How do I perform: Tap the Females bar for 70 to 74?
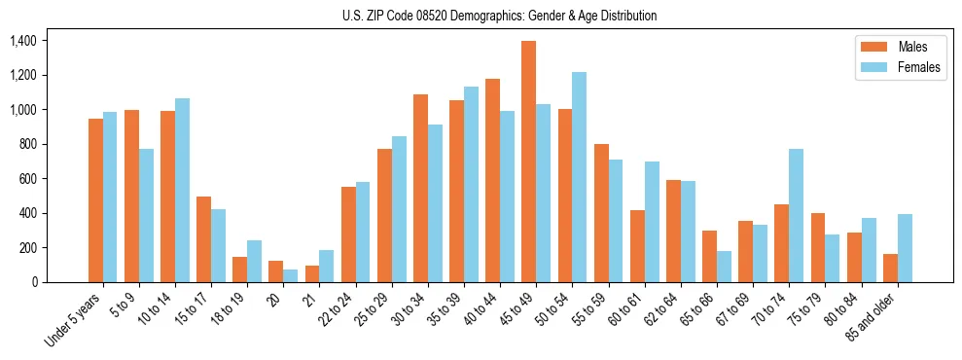click(x=796, y=215)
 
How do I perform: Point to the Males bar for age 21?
click(x=312, y=273)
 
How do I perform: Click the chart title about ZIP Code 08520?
click(x=499, y=16)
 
